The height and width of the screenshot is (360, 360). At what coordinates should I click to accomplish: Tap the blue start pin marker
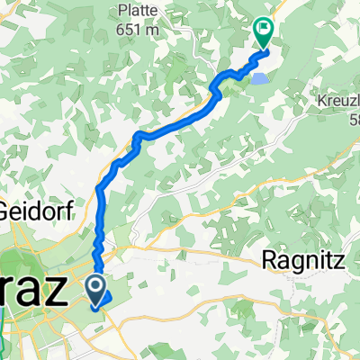coord(96,291)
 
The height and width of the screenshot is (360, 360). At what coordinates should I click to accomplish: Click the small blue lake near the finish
coord(257,79)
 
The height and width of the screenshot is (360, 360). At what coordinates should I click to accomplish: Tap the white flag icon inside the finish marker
coord(264,28)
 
